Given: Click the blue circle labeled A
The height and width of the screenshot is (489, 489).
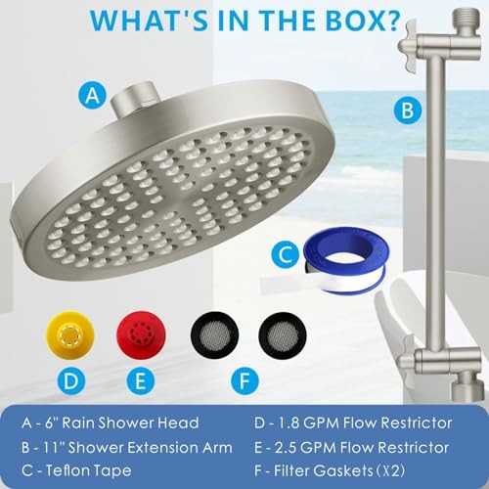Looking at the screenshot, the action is (x=93, y=96).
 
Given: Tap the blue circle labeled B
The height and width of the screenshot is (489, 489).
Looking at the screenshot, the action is (x=407, y=111).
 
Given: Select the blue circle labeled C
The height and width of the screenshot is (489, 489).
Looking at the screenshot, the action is (x=286, y=254).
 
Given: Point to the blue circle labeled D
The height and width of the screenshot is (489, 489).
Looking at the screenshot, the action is (x=71, y=380).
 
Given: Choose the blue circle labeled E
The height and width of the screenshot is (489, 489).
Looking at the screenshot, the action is (x=141, y=380).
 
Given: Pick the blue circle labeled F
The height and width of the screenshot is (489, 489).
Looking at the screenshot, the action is (x=245, y=380).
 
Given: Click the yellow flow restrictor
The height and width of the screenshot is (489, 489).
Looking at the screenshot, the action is (x=70, y=334).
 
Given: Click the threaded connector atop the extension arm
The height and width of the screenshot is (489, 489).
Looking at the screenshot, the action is (x=467, y=17).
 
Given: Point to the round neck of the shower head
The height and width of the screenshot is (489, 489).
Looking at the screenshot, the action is (x=135, y=96).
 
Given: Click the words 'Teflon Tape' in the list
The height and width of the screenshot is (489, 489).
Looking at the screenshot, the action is (x=88, y=470).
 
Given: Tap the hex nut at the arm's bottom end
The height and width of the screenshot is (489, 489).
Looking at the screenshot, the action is (x=467, y=389).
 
